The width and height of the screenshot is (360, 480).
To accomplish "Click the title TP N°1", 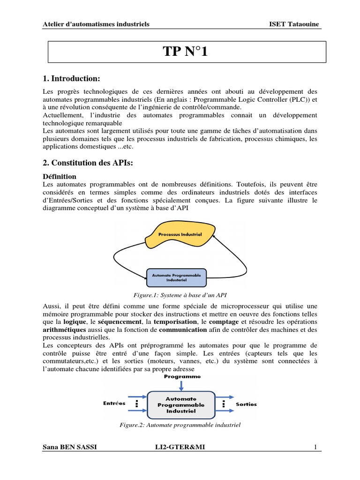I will pos(184,52).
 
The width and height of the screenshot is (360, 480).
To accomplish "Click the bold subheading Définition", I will pos(60,177).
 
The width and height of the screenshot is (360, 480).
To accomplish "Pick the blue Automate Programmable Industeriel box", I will pos(177,277).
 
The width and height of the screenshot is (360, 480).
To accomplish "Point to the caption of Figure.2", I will pos(180,425).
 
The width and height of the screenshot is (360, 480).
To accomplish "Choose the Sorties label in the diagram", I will pos(246,404).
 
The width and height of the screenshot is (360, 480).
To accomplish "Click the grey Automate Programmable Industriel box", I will pos(181,405).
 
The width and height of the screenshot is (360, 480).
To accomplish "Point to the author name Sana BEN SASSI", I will pos(70,448).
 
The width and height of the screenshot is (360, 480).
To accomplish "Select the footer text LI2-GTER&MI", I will pos(180,448).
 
